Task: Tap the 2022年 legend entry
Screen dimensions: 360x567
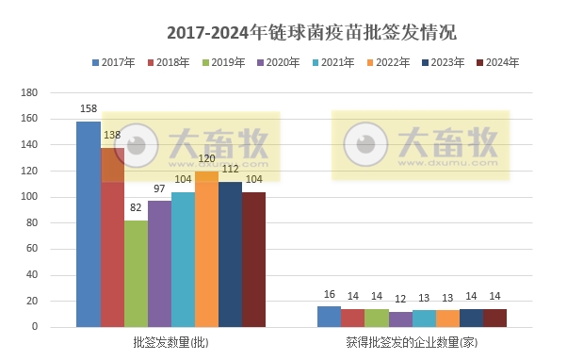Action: pyautogui.click(x=385, y=63)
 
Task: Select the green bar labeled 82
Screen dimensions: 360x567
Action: pyautogui.click(x=136, y=273)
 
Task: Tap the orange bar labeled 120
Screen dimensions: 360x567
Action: pyautogui.click(x=206, y=249)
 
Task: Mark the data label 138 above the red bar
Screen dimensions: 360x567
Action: pyautogui.click(x=112, y=137)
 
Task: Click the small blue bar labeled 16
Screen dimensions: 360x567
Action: pyautogui.click(x=329, y=317)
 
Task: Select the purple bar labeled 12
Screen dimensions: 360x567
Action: pyautogui.click(x=400, y=319)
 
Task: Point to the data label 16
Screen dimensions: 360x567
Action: pyautogui.click(x=329, y=296)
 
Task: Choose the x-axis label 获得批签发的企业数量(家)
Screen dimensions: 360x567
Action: pyautogui.click(x=412, y=341)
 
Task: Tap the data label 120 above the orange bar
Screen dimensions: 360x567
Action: pyautogui.click(x=206, y=160)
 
